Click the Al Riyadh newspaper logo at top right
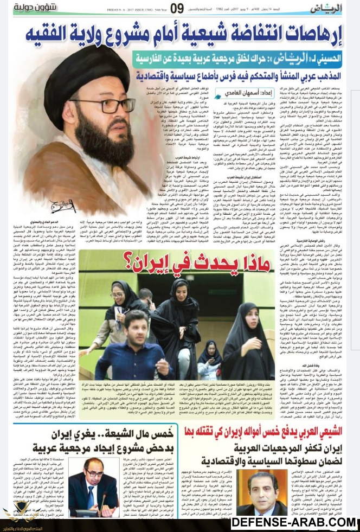(336, 9)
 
